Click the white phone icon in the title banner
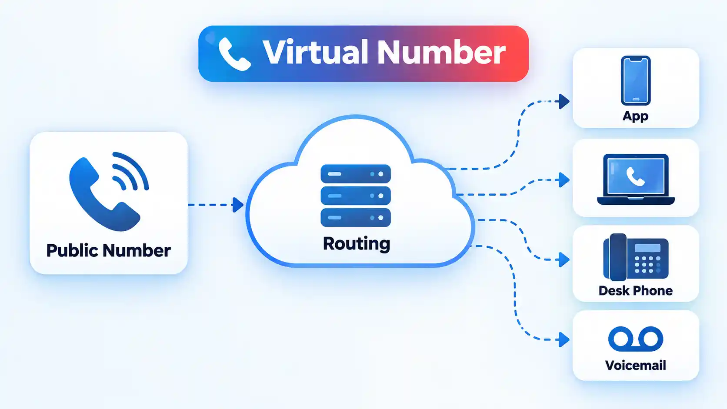tap(234, 54)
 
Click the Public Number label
tap(108, 250)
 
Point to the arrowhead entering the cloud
tap(238, 205)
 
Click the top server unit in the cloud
tap(356, 174)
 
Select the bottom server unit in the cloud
tap(356, 217)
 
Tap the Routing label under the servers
tap(357, 244)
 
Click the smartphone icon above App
tap(636, 80)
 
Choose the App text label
tap(636, 116)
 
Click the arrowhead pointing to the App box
tap(564, 102)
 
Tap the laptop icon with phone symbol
tap(636, 180)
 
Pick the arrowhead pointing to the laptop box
tap(564, 180)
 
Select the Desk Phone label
tap(636, 291)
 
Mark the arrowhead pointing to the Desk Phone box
tap(564, 260)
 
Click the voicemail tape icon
tap(636, 339)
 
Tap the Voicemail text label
tap(636, 366)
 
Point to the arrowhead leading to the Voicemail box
tap(564, 339)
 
